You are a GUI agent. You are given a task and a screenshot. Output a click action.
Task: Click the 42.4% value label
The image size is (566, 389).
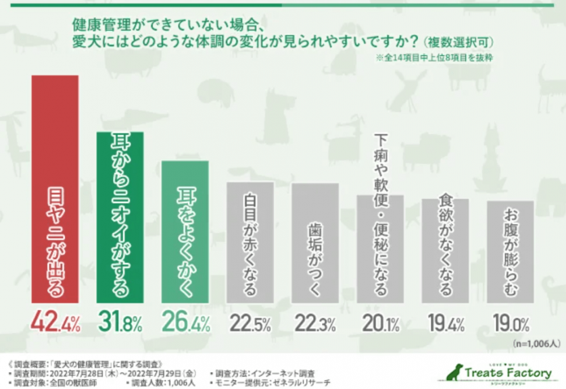point(55,323)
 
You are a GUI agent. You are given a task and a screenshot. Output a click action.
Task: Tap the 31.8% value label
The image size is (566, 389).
point(120,323)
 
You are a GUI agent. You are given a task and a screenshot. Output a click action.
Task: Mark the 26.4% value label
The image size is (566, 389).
point(185,323)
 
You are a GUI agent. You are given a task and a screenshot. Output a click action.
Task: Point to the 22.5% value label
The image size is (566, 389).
point(250,323)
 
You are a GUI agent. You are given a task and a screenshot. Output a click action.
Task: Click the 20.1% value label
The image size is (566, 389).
point(379,323)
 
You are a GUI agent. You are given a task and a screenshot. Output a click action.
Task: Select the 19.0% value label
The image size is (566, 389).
point(509,323)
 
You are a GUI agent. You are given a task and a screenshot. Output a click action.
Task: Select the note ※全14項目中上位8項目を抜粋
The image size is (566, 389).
point(434,59)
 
